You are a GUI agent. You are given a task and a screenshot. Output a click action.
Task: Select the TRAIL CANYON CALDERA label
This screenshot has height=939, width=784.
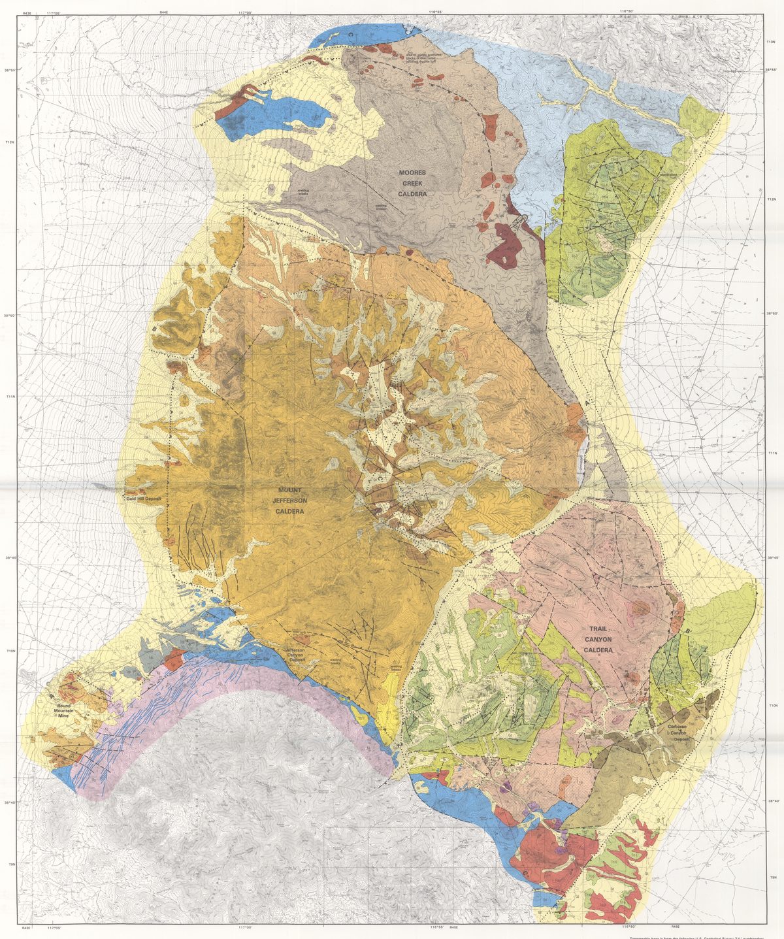[598, 640]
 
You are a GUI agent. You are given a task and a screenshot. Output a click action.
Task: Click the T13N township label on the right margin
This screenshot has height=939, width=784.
[771, 41]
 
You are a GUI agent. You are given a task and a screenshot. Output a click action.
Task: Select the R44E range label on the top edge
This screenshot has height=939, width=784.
[164, 12]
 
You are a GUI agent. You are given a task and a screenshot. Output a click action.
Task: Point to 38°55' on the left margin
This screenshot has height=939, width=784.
[10, 71]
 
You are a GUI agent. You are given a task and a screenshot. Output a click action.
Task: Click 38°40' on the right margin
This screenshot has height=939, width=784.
[773, 802]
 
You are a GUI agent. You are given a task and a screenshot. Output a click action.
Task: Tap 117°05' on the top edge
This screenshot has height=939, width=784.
[54, 12]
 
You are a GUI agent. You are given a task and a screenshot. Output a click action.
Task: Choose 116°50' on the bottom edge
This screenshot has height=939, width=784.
[629, 927]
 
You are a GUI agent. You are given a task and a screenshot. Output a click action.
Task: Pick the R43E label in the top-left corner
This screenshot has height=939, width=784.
[26, 12]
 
